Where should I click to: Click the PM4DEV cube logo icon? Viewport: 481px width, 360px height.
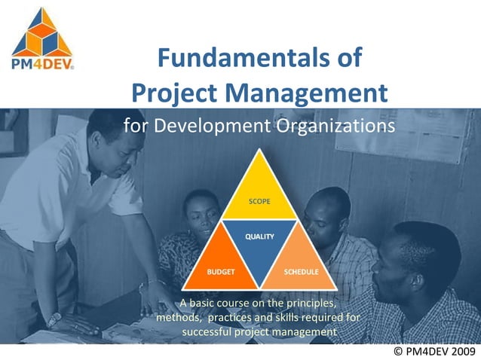[42, 31]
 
